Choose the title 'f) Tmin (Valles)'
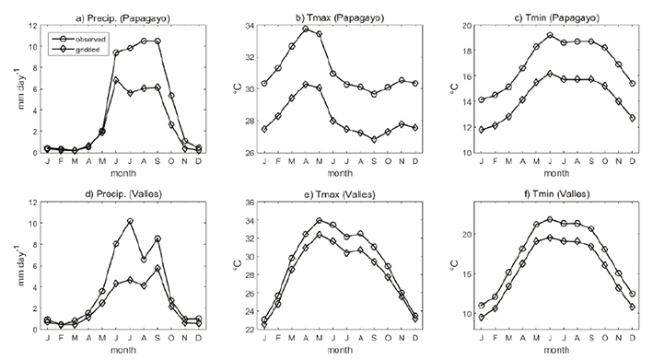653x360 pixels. click(542, 190)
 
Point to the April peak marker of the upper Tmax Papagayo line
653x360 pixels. click(305, 29)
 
